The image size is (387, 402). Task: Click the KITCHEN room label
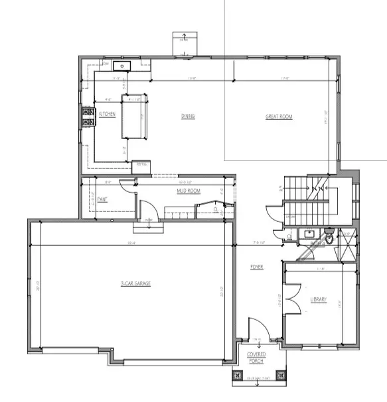pyautogui.click(x=108, y=115)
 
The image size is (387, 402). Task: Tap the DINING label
pyautogui.click(x=188, y=117)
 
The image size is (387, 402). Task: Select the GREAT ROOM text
pyautogui.click(x=279, y=117)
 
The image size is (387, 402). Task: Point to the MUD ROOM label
pyautogui.click(x=189, y=191)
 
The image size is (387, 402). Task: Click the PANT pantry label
pyautogui.click(x=102, y=199)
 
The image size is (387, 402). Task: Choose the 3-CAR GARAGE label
pyautogui.click(x=135, y=283)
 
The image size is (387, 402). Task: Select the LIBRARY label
pyautogui.click(x=319, y=300)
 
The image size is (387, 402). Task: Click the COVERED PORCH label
pyautogui.click(x=257, y=358)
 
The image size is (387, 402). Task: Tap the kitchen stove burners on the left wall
pyautogui.click(x=87, y=117)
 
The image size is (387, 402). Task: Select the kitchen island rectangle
pyautogui.click(x=133, y=117)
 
